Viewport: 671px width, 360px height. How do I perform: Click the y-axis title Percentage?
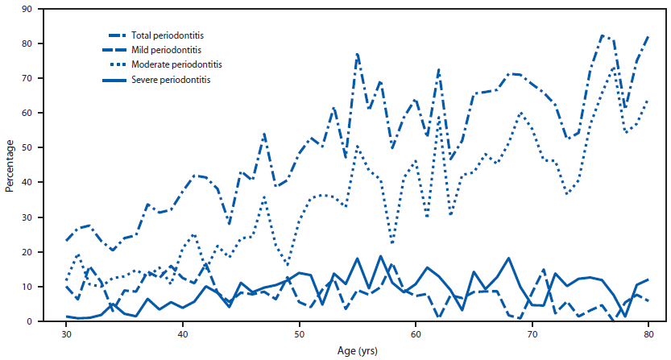point(10,167)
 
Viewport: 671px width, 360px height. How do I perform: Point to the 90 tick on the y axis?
point(50,9)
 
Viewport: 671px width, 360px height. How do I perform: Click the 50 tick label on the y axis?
point(50,148)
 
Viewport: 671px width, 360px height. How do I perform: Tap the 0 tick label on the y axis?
point(52,322)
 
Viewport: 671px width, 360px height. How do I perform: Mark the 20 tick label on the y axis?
point(50,252)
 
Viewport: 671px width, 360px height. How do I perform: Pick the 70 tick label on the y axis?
point(50,78)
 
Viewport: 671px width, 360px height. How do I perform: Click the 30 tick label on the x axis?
point(67,333)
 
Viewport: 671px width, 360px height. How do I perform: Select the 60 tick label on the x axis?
point(416,333)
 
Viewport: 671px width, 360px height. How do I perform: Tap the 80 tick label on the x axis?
point(648,333)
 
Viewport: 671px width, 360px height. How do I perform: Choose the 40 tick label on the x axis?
point(183,333)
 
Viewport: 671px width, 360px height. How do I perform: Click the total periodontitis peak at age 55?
point(358,54)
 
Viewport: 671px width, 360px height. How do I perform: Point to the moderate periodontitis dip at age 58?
point(392,242)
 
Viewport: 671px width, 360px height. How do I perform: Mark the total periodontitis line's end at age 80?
point(648,37)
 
